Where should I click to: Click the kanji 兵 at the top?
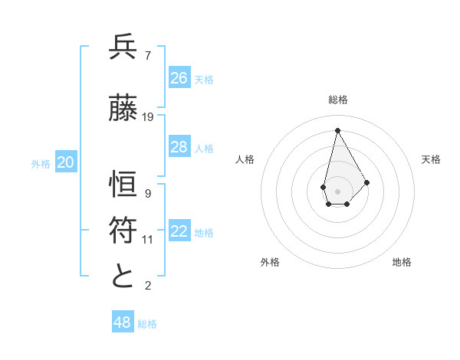click(123, 47)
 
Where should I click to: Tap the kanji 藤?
click(123, 109)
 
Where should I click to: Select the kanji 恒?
click(123, 185)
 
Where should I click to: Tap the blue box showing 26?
click(179, 78)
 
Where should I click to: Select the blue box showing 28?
click(179, 147)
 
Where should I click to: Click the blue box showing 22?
click(179, 232)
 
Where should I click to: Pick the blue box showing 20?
click(66, 162)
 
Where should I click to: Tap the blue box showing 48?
click(123, 322)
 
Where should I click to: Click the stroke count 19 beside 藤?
click(148, 117)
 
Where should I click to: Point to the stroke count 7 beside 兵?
click(147, 55)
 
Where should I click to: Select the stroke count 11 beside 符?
click(148, 240)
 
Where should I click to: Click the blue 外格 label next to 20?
click(41, 163)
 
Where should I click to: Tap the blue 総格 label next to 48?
click(147, 324)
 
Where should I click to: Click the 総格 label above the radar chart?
click(337, 100)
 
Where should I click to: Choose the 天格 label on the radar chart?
click(431, 159)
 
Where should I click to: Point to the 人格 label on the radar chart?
click(245, 159)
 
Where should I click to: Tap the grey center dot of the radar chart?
click(337, 191)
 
